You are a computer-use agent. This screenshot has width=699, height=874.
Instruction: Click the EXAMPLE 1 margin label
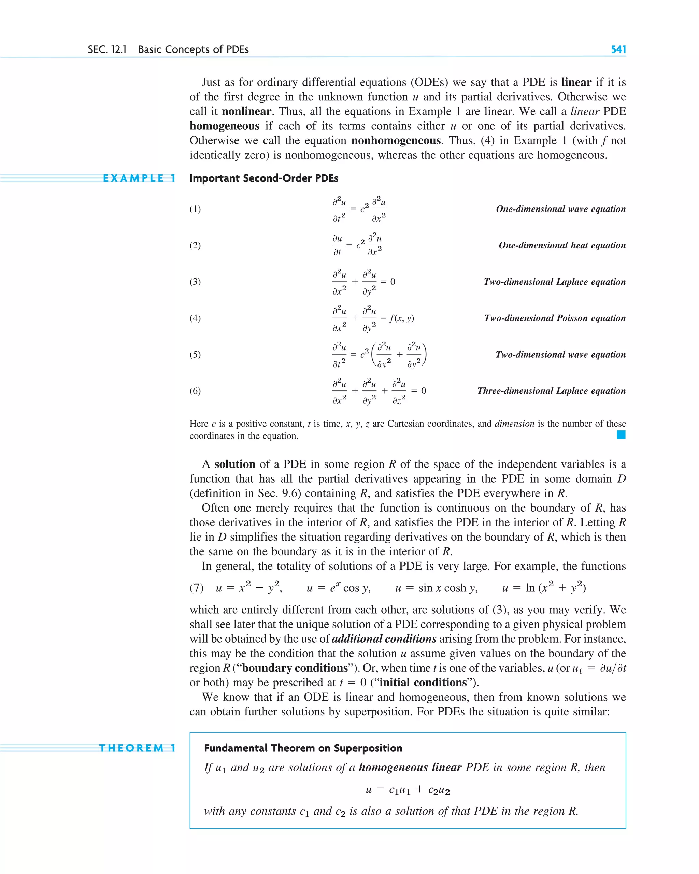click(x=139, y=178)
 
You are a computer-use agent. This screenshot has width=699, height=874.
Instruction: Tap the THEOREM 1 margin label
click(x=138, y=748)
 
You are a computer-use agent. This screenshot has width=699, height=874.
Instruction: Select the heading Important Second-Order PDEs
click(x=263, y=178)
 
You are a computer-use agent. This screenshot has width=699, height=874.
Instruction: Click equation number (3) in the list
click(x=195, y=282)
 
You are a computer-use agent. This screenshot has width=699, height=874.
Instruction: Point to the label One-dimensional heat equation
click(x=561, y=245)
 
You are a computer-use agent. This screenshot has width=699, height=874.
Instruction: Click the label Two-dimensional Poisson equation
click(x=554, y=318)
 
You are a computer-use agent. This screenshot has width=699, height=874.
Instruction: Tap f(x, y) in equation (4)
click(x=401, y=318)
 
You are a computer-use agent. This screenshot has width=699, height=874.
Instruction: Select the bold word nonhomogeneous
click(x=395, y=141)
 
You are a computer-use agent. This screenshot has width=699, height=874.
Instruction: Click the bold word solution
click(x=234, y=464)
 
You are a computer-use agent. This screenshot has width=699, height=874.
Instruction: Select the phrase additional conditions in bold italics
click(x=384, y=639)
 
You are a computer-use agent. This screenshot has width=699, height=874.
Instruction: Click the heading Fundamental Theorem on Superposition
click(x=303, y=748)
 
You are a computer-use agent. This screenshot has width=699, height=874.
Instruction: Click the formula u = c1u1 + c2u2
click(x=408, y=790)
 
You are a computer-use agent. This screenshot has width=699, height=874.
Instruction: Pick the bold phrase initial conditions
click(x=423, y=683)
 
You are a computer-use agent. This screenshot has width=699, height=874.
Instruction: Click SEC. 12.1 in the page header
click(x=107, y=49)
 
